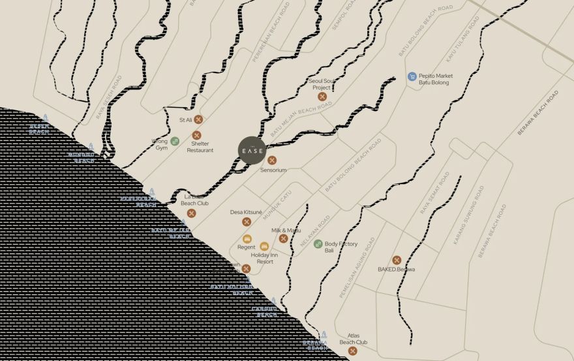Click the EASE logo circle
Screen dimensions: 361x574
point(252,151)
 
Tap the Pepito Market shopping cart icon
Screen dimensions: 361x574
point(412,76)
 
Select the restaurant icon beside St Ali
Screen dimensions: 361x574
point(198,119)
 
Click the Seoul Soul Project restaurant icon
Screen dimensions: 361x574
point(322,97)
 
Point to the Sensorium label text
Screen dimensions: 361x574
point(273,170)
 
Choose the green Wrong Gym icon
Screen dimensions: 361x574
point(175,140)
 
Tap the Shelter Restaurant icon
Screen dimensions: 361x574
point(196,135)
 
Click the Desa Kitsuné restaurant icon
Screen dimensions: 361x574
point(247,222)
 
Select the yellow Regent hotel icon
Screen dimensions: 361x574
point(247,238)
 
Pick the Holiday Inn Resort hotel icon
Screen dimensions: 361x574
point(264,246)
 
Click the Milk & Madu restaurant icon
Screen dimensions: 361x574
point(283,238)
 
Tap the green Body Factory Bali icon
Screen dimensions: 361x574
point(318,244)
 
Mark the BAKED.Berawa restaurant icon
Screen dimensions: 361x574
point(397,260)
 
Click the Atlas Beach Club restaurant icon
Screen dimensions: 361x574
point(353,351)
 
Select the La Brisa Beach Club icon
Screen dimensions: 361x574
point(191,213)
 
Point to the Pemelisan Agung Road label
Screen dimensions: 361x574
point(357,268)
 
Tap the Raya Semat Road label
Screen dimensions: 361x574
point(435,193)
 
